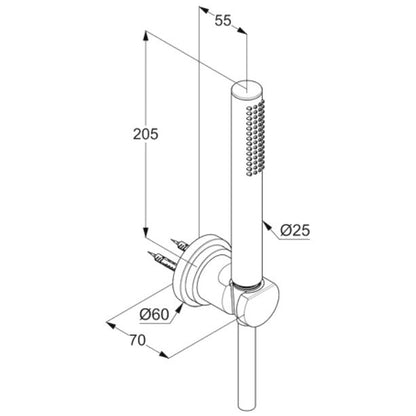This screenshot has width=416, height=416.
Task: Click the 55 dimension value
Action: [223, 20]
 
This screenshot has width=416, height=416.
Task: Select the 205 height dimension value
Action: [145, 134]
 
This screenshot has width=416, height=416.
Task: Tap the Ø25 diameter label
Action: [295, 230]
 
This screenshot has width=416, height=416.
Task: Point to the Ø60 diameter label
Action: [154, 314]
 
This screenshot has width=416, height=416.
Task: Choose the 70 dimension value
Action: [138, 340]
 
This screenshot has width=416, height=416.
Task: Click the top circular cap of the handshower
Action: [248, 89]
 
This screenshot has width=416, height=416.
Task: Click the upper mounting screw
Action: [180, 245]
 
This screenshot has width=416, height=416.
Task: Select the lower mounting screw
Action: [162, 260]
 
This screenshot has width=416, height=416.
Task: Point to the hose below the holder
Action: [247, 368]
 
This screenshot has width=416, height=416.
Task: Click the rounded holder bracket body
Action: [256, 303]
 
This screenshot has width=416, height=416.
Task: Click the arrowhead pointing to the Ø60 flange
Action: [179, 308]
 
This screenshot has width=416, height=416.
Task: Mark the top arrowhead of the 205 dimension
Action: [145, 36]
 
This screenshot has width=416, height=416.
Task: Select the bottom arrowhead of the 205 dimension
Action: [145, 232]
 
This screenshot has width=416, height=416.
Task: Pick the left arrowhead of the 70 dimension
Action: [111, 324]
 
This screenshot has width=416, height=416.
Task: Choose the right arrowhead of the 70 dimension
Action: [164, 355]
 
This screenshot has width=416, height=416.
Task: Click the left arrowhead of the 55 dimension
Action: [204, 11]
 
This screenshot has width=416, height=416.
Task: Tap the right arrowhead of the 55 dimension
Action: [242, 30]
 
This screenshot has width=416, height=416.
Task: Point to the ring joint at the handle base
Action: [248, 285]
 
